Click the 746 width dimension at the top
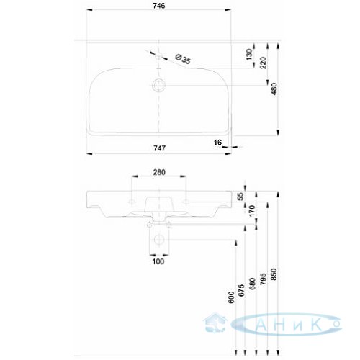pyautogui.click(x=159, y=6)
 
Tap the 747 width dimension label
pyautogui.click(x=159, y=148)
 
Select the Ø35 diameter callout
pyautogui.click(x=183, y=59)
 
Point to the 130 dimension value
pyautogui.click(x=249, y=55)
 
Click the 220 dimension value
pyautogui.click(x=264, y=63)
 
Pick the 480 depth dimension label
pyautogui.click(x=274, y=89)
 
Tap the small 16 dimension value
pyautogui.click(x=217, y=143)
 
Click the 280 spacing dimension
pyautogui.click(x=159, y=172)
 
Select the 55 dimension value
pyautogui.click(x=240, y=197)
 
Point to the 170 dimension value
pyautogui.click(x=252, y=211)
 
